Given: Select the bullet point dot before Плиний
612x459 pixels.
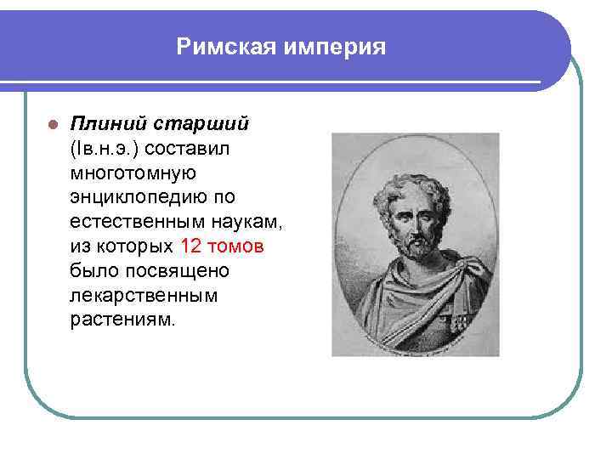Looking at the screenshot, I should [x=51, y=125].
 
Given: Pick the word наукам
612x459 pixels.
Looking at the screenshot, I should [x=252, y=223].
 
